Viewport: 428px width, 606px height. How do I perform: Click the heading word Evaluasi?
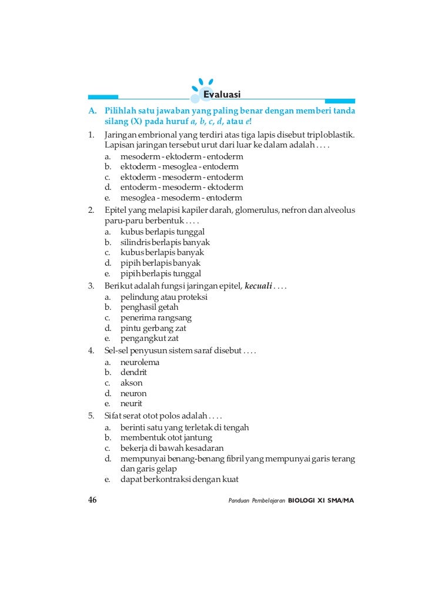222,95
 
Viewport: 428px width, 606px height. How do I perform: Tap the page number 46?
92,500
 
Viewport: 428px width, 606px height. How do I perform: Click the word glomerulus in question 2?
255,210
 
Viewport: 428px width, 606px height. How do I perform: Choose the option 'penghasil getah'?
149,307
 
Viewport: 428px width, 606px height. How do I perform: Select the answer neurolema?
139,362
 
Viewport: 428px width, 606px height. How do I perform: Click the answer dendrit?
133,373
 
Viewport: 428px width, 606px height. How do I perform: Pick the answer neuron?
133,393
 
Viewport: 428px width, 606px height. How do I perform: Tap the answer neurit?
131,404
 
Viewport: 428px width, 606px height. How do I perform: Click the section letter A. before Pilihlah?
92,111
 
